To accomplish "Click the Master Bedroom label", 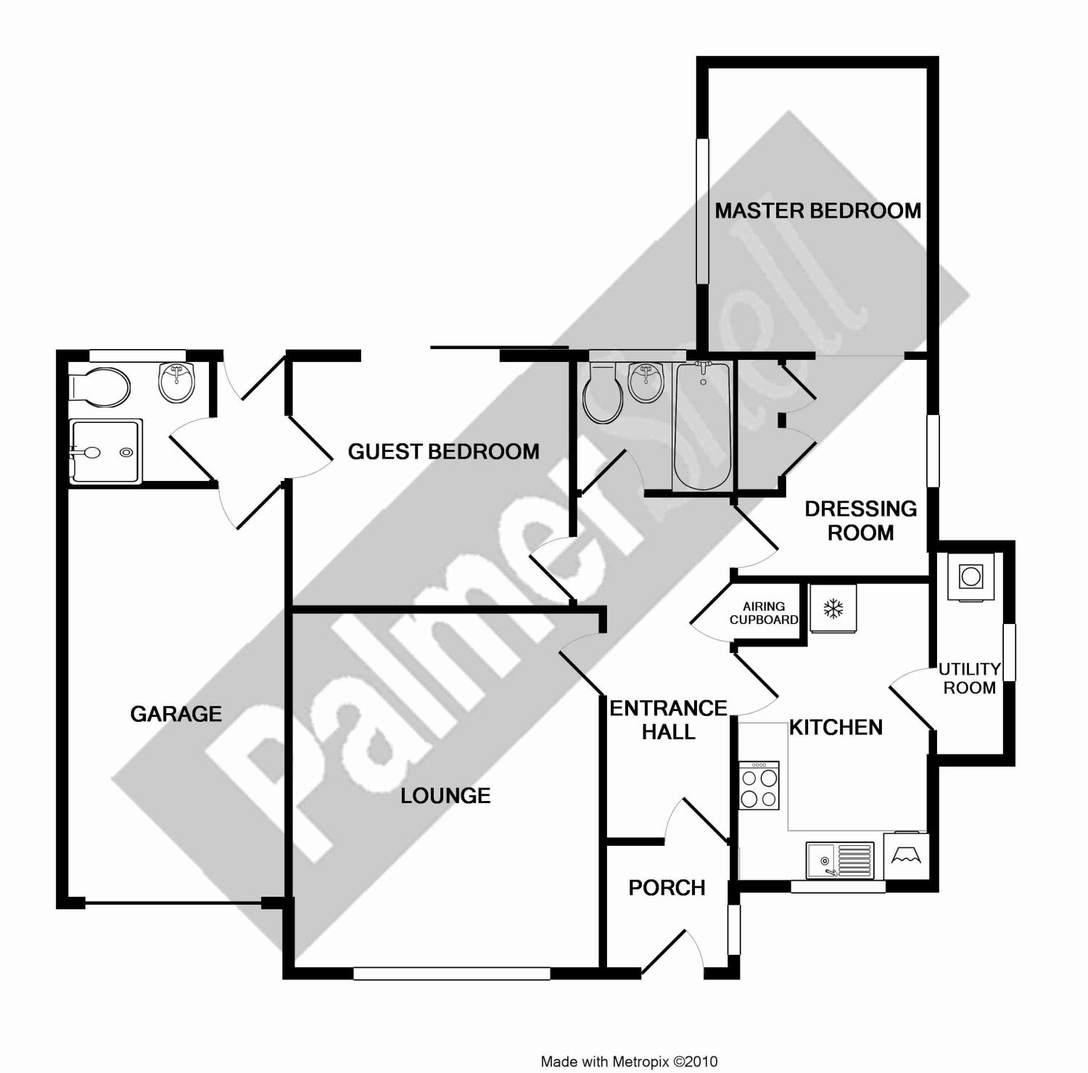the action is click(817, 211).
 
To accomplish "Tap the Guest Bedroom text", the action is click(443, 452).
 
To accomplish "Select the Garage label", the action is click(176, 714).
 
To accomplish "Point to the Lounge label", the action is click(445, 796).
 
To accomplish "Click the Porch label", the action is click(667, 888).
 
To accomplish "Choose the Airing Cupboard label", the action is click(764, 613).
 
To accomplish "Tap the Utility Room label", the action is click(969, 678).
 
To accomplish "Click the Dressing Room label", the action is click(860, 521).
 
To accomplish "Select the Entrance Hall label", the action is click(668, 720).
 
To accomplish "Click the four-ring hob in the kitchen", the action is click(759, 786).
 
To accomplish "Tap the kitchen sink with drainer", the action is click(841, 860).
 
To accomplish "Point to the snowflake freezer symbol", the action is click(833, 608).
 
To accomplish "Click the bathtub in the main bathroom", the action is click(701, 427).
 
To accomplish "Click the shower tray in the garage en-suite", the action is click(105, 451).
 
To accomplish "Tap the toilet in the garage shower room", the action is click(99, 385).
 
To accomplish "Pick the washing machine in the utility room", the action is click(970, 577).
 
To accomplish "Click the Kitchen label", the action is click(836, 728).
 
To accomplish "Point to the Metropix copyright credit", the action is click(629, 1062).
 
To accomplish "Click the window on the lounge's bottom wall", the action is click(451, 974).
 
